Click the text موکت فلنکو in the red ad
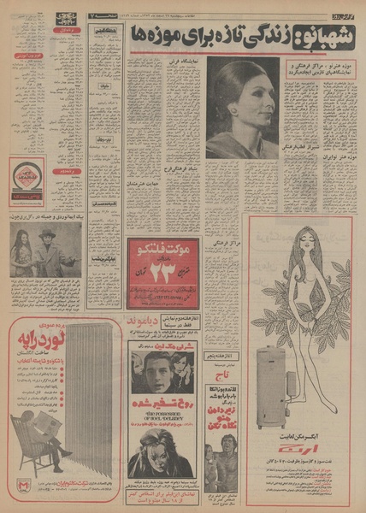pos(160,251)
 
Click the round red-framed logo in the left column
pos(27,182)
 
